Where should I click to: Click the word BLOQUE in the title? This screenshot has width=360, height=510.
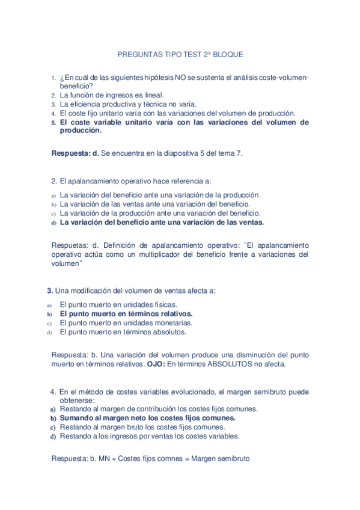coord(228,54)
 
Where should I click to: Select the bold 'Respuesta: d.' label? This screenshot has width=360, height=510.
coord(76,153)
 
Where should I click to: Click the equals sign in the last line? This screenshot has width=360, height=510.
coord(185,458)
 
